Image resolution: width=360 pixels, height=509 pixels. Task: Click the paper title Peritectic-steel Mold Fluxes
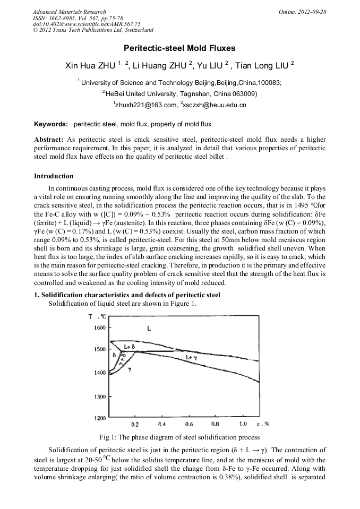[x=180, y=48]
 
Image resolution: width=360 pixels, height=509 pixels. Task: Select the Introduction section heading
[x=54, y=176]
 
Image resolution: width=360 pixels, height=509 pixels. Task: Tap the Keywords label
[x=51, y=125]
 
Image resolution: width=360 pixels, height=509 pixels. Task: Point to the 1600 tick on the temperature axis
[x=99, y=328]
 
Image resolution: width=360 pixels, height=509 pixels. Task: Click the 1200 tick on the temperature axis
[x=99, y=419]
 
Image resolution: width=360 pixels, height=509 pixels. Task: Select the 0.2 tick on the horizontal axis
[x=135, y=425]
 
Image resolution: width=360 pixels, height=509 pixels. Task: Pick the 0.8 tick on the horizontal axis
[x=215, y=425]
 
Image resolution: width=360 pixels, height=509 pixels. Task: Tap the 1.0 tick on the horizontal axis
[x=243, y=425]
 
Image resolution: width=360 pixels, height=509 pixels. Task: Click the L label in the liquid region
[x=149, y=329]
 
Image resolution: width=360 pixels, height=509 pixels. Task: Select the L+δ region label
[x=129, y=346]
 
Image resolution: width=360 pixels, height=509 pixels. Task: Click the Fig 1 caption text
[x=179, y=437]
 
